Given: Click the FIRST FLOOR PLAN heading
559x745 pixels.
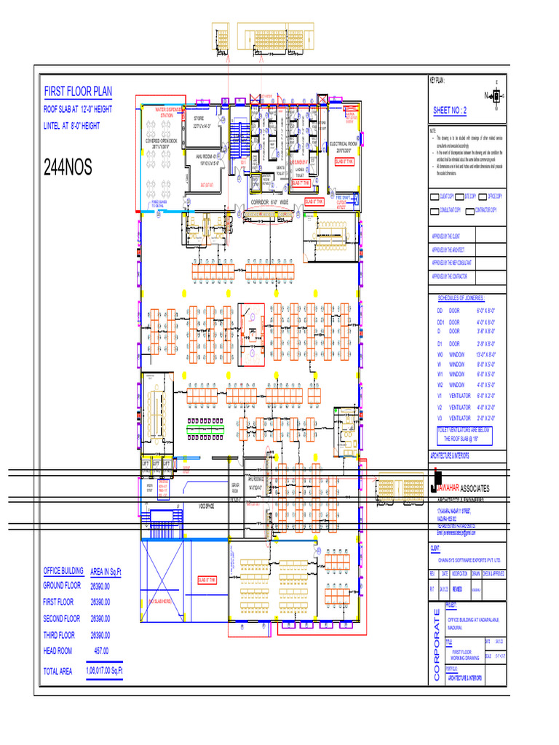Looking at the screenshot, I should [x=79, y=92].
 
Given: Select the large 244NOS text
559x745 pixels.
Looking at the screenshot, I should [x=68, y=168].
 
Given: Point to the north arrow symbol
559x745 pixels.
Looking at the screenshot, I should [x=496, y=95].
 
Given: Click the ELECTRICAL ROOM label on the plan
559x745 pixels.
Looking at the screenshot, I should [x=344, y=145].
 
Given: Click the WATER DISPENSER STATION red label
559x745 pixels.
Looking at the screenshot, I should [x=167, y=112].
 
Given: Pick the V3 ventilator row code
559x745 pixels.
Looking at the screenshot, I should [x=440, y=418].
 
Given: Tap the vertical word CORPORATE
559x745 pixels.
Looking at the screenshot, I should [x=437, y=645].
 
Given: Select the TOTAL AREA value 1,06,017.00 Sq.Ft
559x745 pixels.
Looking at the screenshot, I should [x=104, y=670].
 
